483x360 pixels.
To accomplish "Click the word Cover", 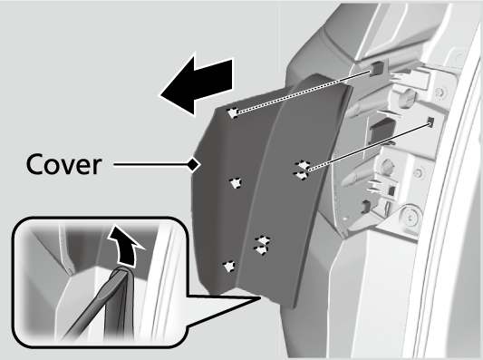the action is [x=63, y=164].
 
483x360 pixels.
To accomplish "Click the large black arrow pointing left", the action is [x=198, y=84].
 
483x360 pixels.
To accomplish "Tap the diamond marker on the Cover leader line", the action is [x=194, y=164].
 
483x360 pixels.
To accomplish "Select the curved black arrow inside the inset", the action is [x=126, y=246].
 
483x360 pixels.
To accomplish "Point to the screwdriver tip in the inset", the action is [x=121, y=272].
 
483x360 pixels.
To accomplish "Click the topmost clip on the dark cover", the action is [x=233, y=112].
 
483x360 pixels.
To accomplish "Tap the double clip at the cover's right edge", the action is [x=302, y=170].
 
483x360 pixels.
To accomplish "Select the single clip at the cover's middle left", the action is [x=236, y=183].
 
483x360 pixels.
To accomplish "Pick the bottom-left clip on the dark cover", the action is [x=229, y=267].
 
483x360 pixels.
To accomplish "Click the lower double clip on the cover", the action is [x=262, y=246].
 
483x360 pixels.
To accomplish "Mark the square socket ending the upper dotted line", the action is [x=375, y=69].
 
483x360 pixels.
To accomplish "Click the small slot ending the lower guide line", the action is [x=430, y=122].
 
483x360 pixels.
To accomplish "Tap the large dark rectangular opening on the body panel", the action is [x=382, y=129].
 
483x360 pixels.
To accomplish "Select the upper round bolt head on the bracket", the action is [x=407, y=97].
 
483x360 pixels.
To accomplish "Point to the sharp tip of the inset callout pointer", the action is [x=260, y=297].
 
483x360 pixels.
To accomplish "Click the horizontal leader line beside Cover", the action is [x=151, y=164].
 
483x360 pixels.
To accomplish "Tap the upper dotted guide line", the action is [x=304, y=92].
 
